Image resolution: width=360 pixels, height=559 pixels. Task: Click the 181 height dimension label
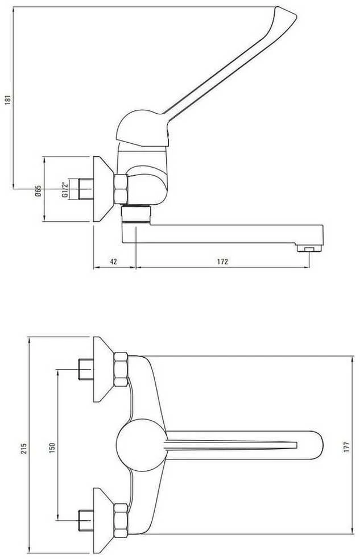(x=8, y=100)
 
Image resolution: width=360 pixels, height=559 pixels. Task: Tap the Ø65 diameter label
(x=38, y=191)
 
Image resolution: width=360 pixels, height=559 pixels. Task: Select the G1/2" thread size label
(x=64, y=190)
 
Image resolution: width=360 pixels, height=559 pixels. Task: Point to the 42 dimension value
(x=113, y=262)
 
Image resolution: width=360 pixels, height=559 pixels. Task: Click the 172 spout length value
(x=222, y=262)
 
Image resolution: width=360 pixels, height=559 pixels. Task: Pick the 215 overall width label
(x=24, y=448)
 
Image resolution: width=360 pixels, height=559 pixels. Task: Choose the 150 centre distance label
(x=52, y=448)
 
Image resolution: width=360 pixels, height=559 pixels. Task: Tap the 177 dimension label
(x=347, y=447)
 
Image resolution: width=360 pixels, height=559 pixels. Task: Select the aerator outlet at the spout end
(x=309, y=248)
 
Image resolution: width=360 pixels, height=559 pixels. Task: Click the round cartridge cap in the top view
(x=142, y=445)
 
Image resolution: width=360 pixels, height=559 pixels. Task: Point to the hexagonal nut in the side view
(x=121, y=189)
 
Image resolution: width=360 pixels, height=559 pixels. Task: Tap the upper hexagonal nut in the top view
(x=121, y=369)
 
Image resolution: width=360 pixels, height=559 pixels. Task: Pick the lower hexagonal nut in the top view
(x=121, y=520)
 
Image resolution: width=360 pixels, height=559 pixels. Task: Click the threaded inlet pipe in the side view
(x=85, y=189)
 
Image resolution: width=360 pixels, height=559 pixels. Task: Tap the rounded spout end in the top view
(x=314, y=445)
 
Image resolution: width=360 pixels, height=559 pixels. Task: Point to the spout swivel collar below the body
(x=136, y=214)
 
